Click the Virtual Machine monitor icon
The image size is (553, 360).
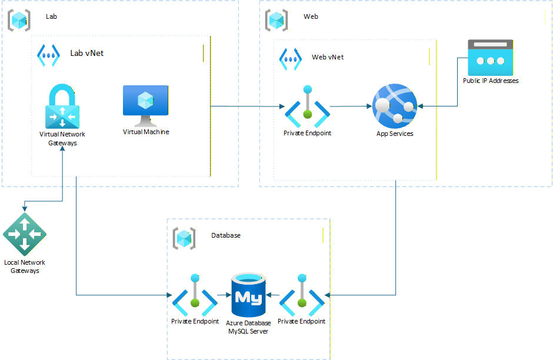(x=145, y=105)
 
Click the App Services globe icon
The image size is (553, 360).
(x=395, y=105)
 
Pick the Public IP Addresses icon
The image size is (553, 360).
(x=490, y=57)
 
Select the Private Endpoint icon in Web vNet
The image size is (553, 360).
(x=307, y=106)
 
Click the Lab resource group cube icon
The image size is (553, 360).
(x=19, y=19)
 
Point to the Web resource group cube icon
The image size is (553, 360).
(x=276, y=19)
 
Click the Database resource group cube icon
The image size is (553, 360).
(x=184, y=238)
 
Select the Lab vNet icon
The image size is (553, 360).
(x=48, y=55)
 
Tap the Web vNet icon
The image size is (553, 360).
(x=291, y=58)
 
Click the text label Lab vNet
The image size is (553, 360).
(x=86, y=54)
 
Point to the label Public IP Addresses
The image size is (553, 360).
(x=491, y=81)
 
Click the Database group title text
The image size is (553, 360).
(x=226, y=235)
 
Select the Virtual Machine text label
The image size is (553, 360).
(x=146, y=132)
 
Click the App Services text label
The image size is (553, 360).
(x=395, y=134)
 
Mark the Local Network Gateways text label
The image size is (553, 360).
(x=25, y=266)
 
